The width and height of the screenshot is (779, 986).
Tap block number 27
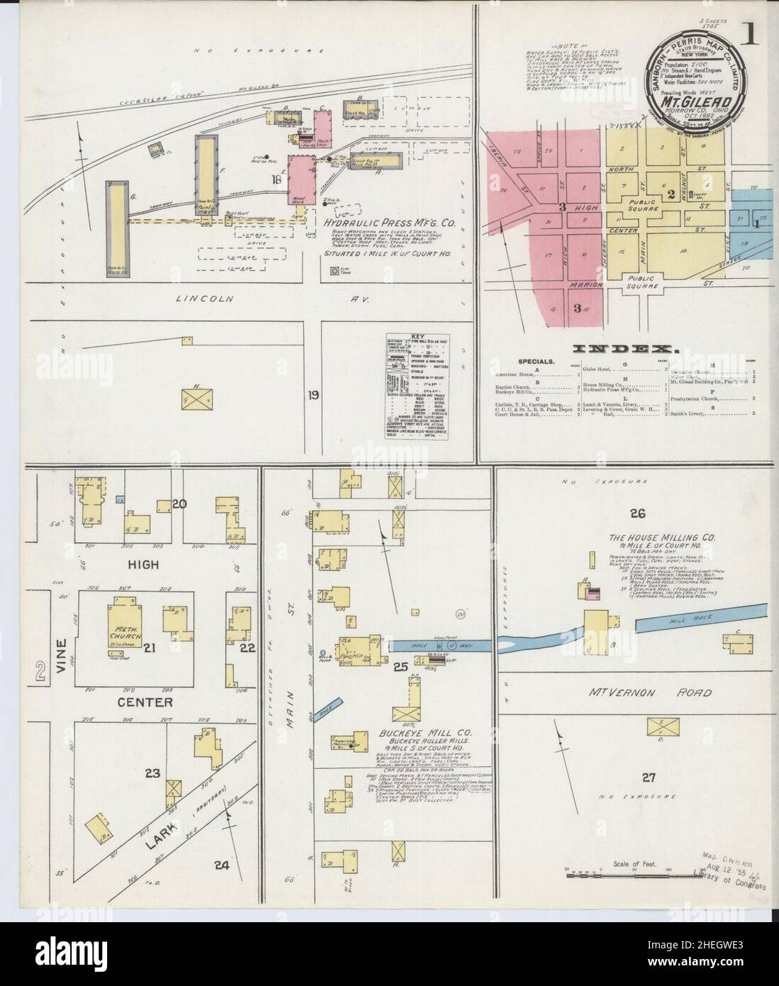(x=648, y=777)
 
